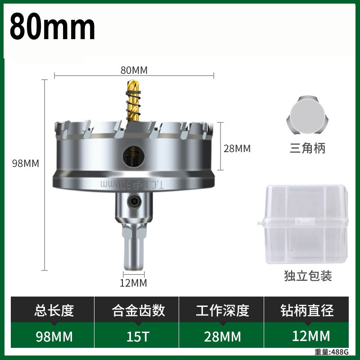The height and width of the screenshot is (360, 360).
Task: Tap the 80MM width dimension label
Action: pos(134,70)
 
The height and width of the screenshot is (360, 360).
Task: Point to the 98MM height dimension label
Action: pos(26,163)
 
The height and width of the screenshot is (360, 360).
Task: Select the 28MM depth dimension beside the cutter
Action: pos(237,148)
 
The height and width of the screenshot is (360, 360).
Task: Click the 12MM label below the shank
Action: pos(133,283)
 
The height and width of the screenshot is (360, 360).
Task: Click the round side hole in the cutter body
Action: pos(134,157)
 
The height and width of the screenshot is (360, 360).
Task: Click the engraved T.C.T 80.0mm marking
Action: pos(132,184)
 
